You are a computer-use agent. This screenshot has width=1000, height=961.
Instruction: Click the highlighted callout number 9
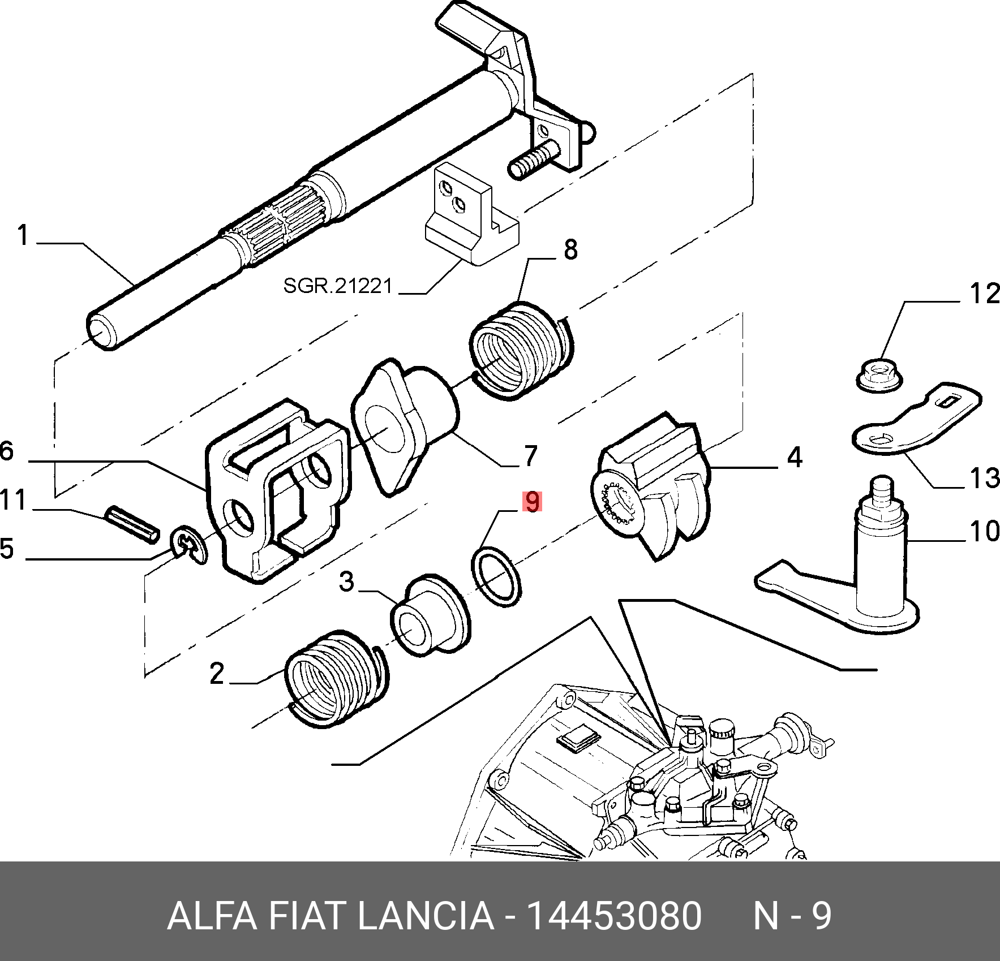(x=533, y=502)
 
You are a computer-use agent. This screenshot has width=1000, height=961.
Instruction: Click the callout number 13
(x=984, y=479)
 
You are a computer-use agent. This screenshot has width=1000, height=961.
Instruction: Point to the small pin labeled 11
(x=132, y=524)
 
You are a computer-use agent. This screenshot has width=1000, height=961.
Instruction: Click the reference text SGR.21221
(x=338, y=286)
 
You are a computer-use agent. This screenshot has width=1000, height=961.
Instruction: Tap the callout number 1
(x=23, y=235)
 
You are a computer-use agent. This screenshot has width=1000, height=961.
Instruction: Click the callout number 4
(x=795, y=456)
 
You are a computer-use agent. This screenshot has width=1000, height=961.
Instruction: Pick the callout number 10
(x=984, y=532)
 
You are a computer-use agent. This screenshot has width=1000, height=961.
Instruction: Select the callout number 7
(x=530, y=455)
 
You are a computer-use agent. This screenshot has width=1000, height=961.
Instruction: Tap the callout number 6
(x=7, y=451)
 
